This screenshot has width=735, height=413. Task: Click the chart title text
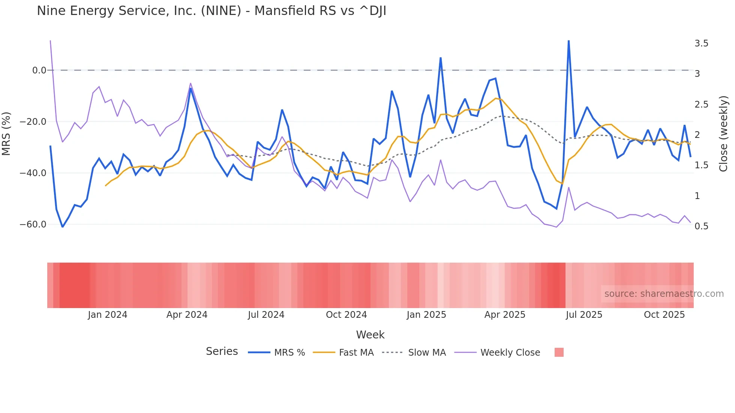(211, 11)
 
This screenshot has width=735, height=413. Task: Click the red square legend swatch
(559, 352)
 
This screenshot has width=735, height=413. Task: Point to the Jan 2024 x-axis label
(108, 315)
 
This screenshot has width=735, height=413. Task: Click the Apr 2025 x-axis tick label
(505, 315)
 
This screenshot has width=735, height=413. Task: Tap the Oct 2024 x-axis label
(346, 315)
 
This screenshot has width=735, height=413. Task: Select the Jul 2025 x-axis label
(584, 315)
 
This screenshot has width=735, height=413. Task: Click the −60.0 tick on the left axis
(33, 224)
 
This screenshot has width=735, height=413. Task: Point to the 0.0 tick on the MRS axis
(39, 70)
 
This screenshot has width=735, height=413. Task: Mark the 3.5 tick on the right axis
(701, 43)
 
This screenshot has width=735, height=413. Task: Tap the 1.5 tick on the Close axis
(701, 165)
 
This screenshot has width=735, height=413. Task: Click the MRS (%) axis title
(6, 133)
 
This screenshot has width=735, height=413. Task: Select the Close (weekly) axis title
(723, 133)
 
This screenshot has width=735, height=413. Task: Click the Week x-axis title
(370, 335)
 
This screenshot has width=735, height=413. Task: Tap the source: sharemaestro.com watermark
(664, 294)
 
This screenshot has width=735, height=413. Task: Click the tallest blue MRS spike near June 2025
(568, 41)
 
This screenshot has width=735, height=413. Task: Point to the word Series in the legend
(222, 352)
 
